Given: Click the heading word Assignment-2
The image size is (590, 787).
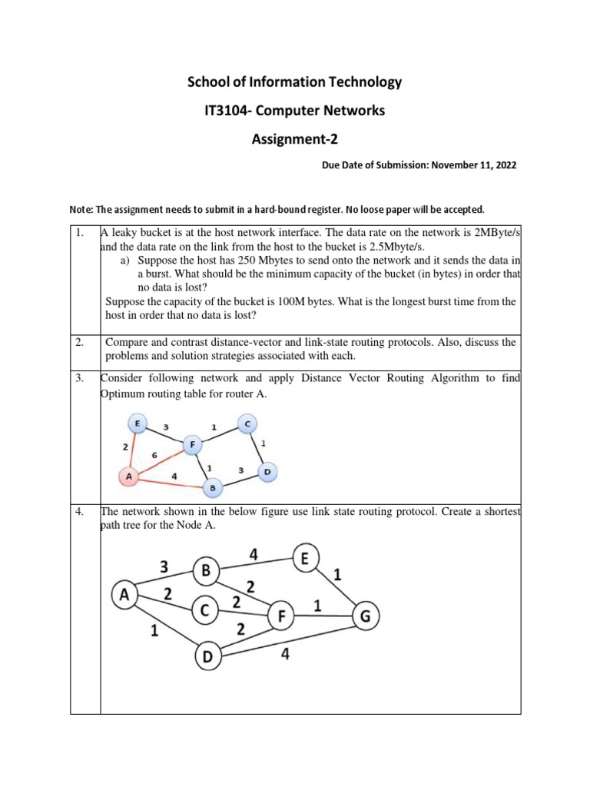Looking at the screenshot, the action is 295,140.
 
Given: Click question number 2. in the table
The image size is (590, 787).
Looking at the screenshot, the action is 79,342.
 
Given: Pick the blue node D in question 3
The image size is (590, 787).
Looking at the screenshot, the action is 266,471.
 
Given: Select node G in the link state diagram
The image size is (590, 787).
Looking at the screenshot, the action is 365,616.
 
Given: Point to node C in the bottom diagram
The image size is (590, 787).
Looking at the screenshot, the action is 204,611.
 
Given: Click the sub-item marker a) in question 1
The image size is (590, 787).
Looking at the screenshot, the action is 127,261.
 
